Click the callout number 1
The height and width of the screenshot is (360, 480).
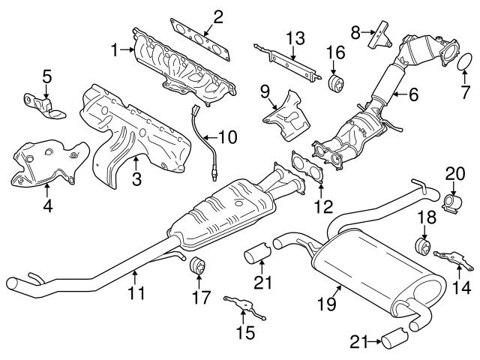click(115, 50)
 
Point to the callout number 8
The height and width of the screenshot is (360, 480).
click(355, 31)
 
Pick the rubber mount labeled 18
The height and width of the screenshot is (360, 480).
click(423, 247)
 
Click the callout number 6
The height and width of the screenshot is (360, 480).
click(413, 94)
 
